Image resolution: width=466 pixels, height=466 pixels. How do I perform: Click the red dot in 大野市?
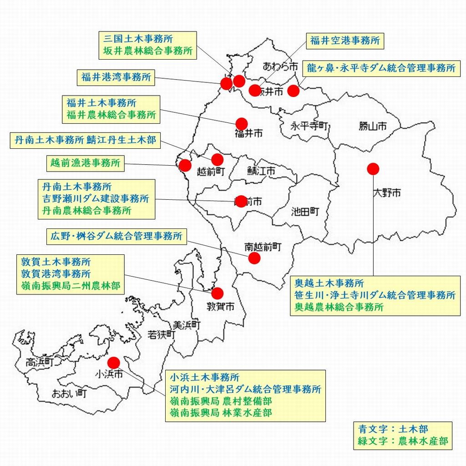point(373,169)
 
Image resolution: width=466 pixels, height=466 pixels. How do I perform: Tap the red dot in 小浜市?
point(113,362)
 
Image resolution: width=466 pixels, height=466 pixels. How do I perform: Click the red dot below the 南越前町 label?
point(254,258)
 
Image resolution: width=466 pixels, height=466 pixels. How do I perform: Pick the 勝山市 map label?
point(373,126)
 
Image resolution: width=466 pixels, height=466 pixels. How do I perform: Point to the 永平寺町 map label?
point(310,126)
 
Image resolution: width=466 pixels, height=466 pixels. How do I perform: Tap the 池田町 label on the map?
point(304,211)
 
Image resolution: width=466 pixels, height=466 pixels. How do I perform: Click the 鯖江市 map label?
point(261,172)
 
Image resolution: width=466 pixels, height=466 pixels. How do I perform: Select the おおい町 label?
point(69,393)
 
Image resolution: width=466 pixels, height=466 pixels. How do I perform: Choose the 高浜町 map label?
point(40,362)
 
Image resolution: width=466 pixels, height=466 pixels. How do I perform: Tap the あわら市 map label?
point(280,67)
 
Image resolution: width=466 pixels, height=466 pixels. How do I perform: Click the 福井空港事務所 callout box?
point(344,41)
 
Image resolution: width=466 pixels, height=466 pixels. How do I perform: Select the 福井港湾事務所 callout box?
point(116,77)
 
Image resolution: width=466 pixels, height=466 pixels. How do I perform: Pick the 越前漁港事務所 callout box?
point(86,163)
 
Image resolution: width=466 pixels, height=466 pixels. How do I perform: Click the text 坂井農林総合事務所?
point(147,51)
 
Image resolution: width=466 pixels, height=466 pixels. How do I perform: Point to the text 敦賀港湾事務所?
point(56,274)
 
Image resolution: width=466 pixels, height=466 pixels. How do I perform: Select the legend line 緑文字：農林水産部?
point(403,441)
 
